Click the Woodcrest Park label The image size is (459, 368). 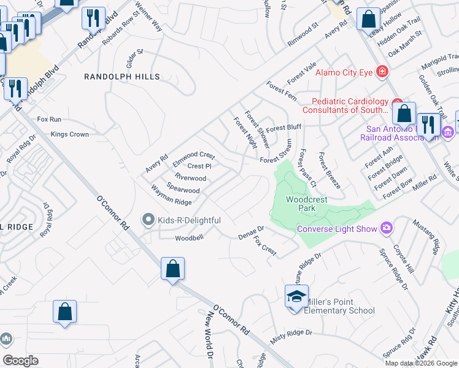[306, 204]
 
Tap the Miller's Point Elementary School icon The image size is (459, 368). [296, 297]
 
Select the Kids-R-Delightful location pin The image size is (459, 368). [147, 220]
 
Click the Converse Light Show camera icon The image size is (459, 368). [386, 229]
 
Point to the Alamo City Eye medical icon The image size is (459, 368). [382, 72]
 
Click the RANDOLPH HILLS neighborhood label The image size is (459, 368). [122, 77]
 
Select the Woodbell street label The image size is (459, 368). [188, 238]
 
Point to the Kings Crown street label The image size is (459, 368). [70, 134]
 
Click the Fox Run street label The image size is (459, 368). [49, 119]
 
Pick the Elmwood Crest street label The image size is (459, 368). [193, 156]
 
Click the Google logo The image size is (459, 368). [20, 361]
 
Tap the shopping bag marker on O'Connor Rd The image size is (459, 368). [173, 269]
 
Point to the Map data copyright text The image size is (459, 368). [421, 363]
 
